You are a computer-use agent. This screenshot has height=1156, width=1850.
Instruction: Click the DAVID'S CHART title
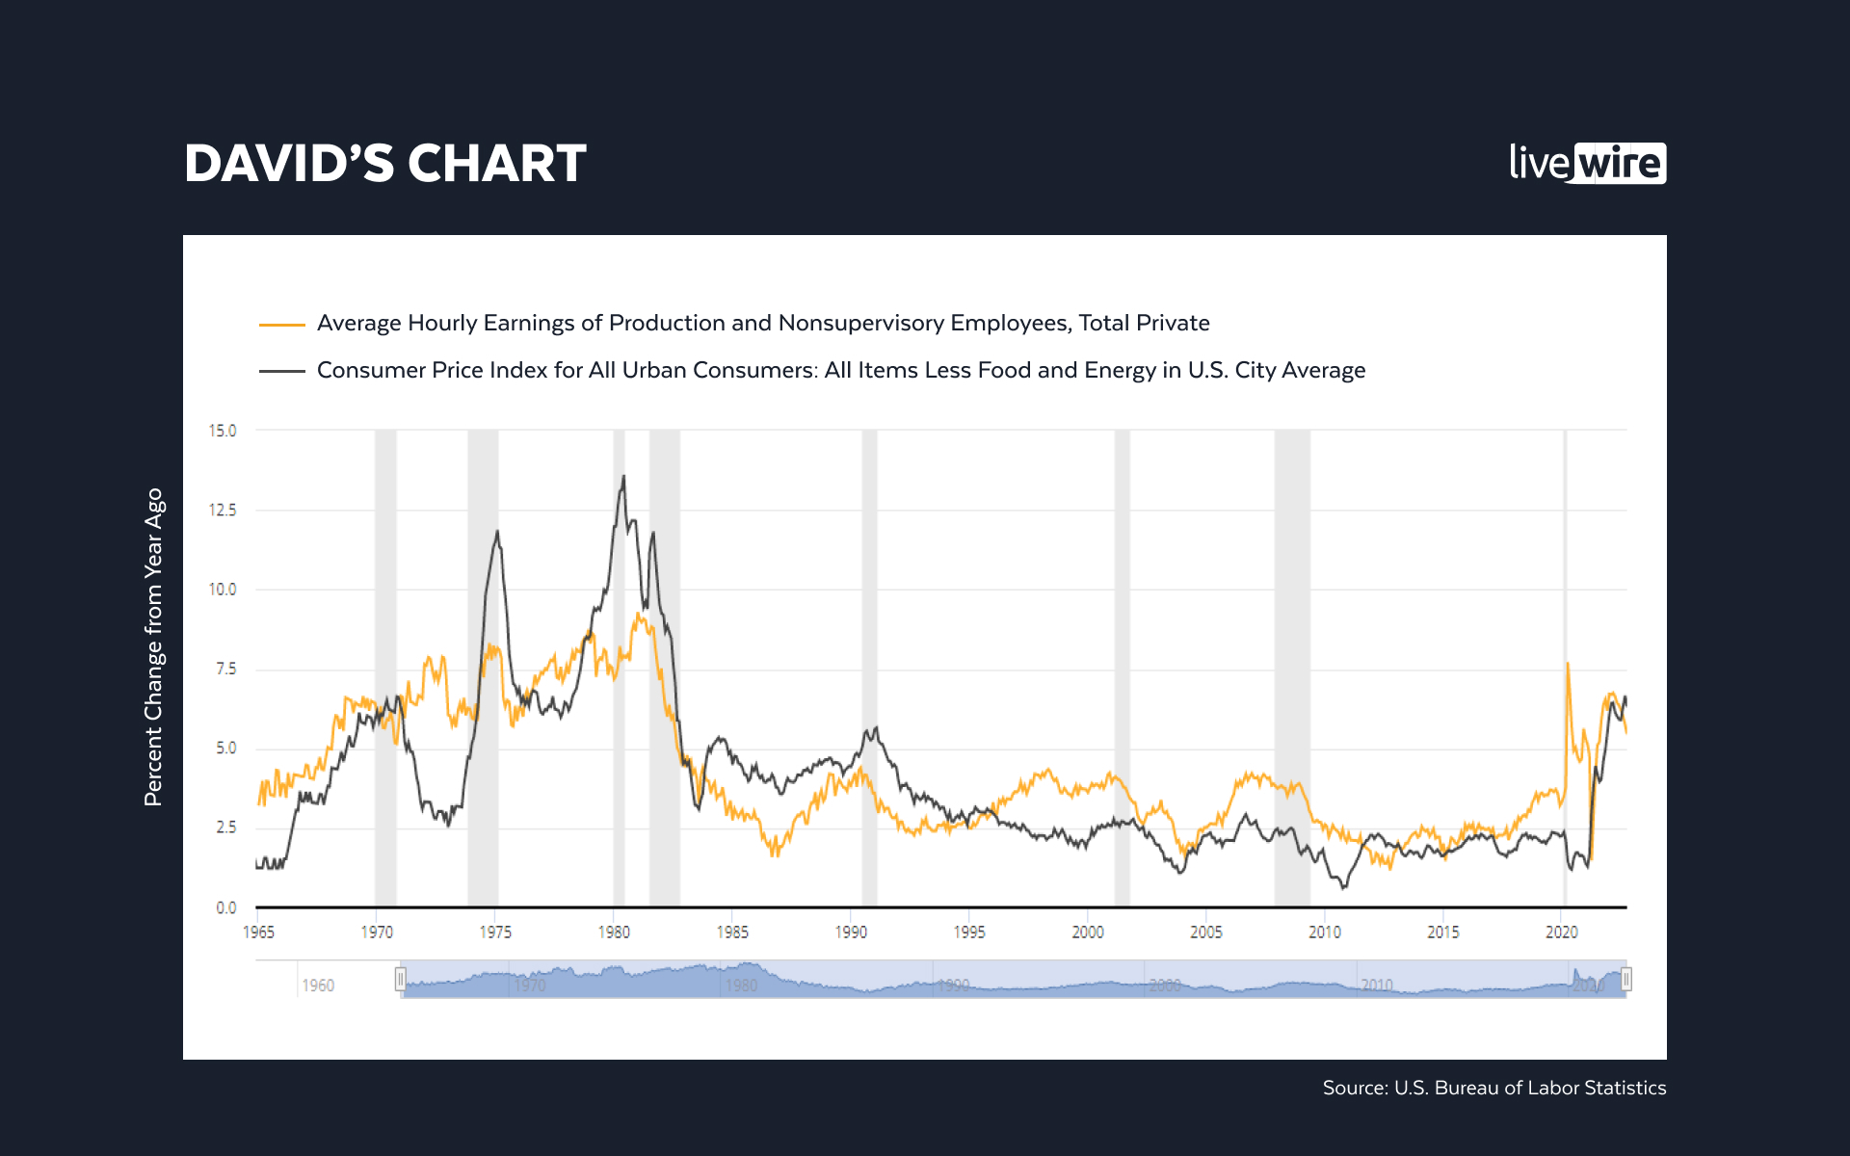tap(384, 163)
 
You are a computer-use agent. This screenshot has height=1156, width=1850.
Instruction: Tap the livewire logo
tap(1587, 163)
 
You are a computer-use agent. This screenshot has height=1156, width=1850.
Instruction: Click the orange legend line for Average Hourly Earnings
tap(281, 325)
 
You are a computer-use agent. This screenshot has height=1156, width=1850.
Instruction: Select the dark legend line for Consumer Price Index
tap(281, 371)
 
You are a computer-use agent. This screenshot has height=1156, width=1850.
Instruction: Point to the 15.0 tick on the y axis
tap(223, 431)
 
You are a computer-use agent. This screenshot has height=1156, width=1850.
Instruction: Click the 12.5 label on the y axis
tap(223, 510)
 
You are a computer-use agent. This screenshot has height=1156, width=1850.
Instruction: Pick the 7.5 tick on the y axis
tap(225, 669)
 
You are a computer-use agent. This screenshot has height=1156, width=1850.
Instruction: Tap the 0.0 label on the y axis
tap(225, 907)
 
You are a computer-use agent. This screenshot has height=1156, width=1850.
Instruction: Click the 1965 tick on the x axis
tap(258, 932)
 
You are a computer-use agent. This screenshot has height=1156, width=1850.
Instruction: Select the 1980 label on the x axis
tap(614, 932)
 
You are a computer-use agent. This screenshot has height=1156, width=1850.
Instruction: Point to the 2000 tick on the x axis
tap(1088, 932)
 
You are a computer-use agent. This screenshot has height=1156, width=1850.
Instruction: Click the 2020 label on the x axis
tap(1562, 932)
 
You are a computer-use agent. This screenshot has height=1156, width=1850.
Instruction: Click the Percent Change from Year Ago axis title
tap(154, 646)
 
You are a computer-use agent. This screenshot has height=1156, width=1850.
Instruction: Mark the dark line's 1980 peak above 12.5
tap(623, 476)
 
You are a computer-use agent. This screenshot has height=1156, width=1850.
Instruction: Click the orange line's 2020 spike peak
tap(1568, 664)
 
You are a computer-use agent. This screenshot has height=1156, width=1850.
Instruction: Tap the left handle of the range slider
tap(400, 980)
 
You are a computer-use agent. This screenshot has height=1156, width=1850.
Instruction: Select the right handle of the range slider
tap(1626, 980)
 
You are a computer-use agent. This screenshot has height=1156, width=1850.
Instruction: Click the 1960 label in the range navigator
tap(318, 985)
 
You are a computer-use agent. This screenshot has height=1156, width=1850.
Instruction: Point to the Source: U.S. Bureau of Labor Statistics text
tap(1493, 1088)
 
